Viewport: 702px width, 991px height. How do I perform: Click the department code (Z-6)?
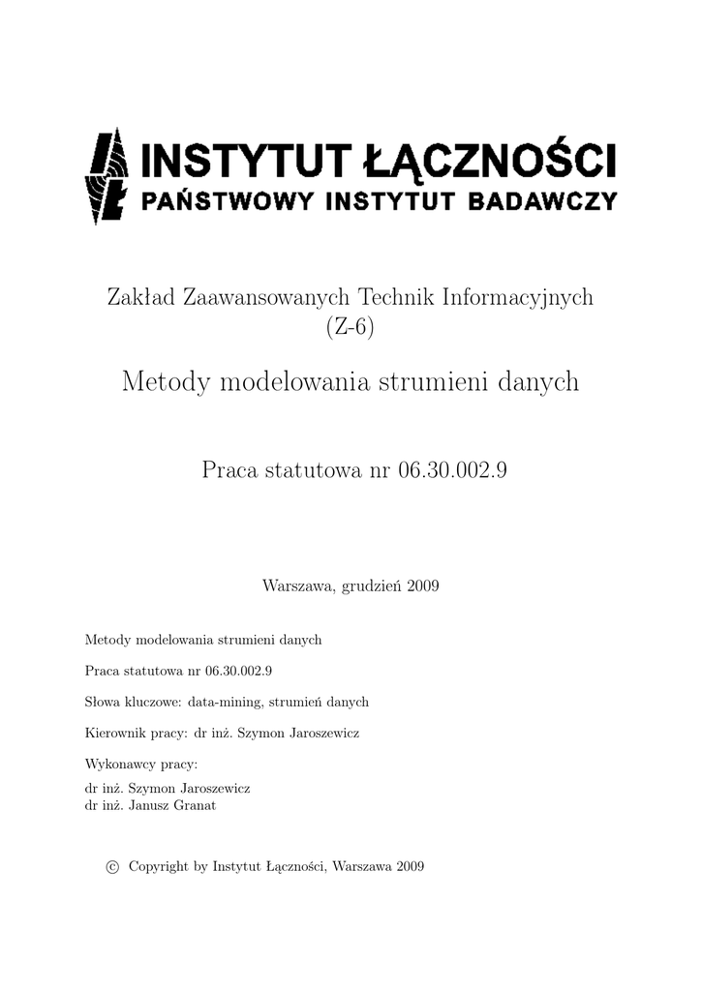350,329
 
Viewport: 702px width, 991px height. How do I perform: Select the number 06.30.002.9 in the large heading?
453,470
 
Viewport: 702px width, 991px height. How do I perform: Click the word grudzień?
371,586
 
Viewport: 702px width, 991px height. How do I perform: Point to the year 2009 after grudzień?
424,586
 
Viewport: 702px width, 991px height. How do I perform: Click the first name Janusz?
153,804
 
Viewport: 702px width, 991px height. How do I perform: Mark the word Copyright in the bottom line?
159,867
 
